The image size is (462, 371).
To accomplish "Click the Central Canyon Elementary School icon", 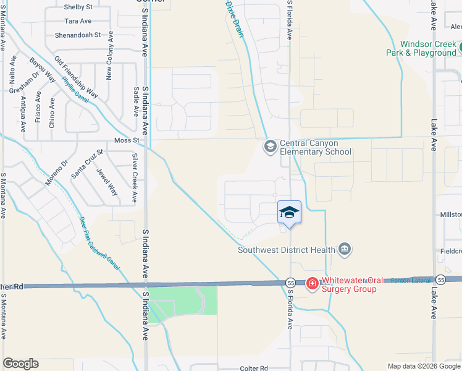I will click(269, 147).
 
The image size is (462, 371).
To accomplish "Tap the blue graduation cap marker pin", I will click(289, 213).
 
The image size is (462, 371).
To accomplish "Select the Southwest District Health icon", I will click(345, 250).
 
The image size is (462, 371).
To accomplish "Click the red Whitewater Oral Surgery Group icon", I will click(313, 284).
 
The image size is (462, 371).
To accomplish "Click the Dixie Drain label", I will click(235, 19).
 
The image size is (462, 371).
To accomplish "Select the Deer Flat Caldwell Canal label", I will click(99, 244).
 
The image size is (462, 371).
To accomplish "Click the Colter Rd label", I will click(254, 368).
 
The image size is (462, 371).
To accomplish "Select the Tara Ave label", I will click(78, 21).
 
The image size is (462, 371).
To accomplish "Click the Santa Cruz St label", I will click(86, 164).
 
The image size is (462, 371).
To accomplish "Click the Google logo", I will click(20, 364).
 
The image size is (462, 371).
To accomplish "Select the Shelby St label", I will click(78, 7).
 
